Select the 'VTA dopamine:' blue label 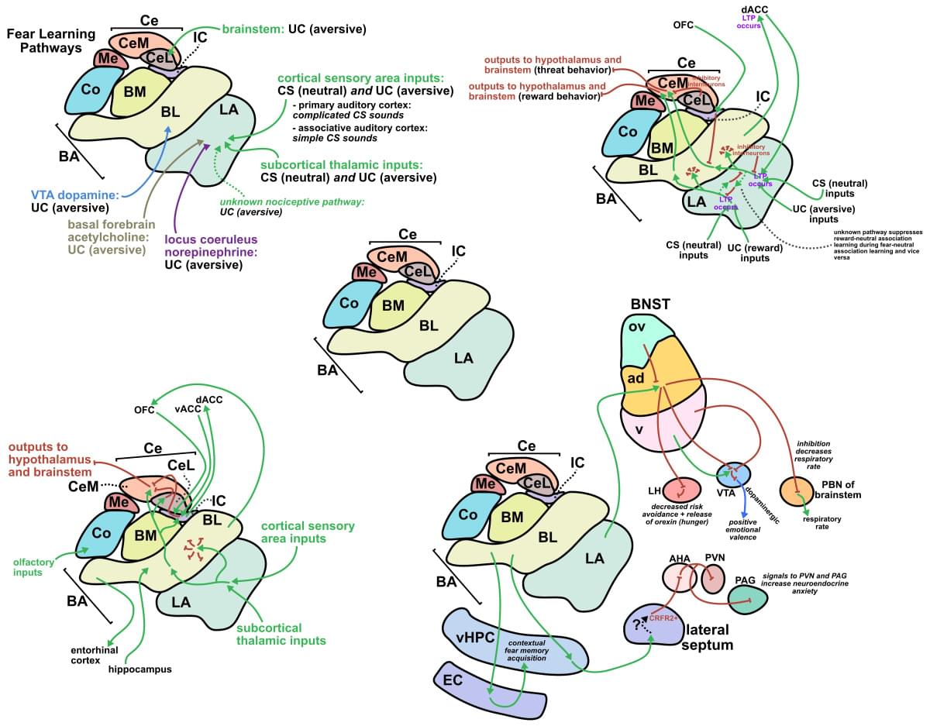pos(74,195)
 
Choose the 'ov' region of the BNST pos(637,326)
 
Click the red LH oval pos(679,490)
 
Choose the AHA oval pos(680,577)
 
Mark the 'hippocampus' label pos(139,668)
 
